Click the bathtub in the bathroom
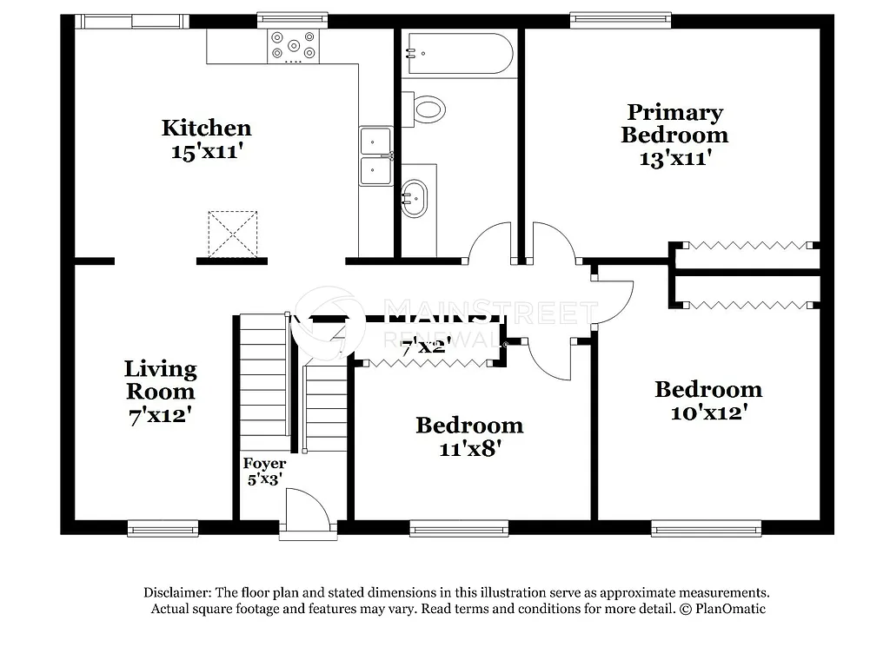(458, 53)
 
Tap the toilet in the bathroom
(426, 109)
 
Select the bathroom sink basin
(414, 197)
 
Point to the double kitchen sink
(376, 155)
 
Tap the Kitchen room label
(206, 128)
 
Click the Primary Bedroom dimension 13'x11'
(674, 159)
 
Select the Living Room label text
(159, 380)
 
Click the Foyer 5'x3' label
(264, 471)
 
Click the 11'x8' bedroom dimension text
(469, 448)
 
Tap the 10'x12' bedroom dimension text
(708, 413)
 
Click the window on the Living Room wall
(163, 527)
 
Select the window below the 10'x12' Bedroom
(707, 527)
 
